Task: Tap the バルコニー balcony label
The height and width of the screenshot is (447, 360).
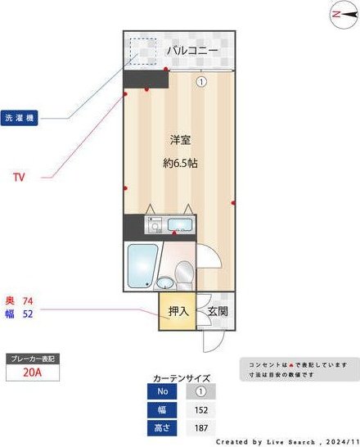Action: tap(192, 51)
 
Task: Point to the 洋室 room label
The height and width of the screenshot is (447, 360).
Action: tap(180, 140)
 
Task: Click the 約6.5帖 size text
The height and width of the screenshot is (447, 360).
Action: tap(180, 163)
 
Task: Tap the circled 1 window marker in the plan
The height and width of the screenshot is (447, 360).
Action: tap(200, 81)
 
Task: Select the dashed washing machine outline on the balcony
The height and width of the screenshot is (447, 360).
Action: tap(142, 52)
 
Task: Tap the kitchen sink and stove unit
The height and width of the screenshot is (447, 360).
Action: tap(169, 224)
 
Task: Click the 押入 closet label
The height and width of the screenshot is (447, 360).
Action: tap(178, 311)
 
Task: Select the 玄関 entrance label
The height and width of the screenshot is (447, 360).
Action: tap(217, 311)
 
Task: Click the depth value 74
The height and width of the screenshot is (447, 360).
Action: tap(28, 300)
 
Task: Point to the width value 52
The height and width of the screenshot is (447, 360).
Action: tap(28, 314)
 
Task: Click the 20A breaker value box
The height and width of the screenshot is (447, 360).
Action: tap(32, 373)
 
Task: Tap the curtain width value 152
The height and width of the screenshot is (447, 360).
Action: tap(200, 409)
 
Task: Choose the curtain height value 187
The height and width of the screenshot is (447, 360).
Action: tap(200, 428)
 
